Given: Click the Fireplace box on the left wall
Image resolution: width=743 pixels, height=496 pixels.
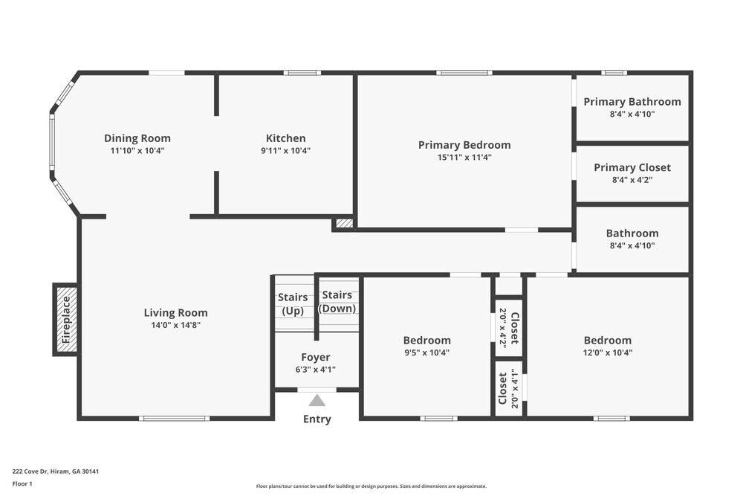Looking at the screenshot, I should click(65, 319).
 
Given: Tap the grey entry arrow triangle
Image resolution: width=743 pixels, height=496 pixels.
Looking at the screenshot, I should click(317, 400).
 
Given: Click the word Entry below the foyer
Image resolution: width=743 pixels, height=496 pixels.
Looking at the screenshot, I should click(317, 419).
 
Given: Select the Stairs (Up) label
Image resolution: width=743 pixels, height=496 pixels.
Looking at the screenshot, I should click(293, 304).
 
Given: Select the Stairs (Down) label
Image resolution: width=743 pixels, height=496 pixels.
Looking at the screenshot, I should click(337, 301).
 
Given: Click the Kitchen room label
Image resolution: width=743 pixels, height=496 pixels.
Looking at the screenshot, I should click(285, 138).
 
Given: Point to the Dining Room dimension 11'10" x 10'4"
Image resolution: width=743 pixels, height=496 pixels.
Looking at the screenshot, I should click(137, 150).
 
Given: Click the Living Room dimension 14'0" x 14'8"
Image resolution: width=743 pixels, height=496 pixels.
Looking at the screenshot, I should click(175, 325).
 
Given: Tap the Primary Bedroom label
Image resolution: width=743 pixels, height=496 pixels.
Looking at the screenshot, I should click(464, 145).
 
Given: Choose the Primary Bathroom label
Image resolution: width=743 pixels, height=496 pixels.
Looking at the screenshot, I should click(632, 102).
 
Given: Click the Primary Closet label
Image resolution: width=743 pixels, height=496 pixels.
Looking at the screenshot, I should click(632, 167).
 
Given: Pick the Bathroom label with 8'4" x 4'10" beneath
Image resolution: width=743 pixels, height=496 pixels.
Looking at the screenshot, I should click(632, 233).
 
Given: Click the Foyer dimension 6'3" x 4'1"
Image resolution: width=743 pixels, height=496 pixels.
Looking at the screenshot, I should click(316, 369).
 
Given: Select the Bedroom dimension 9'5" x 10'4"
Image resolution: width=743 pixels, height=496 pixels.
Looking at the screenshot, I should click(426, 353).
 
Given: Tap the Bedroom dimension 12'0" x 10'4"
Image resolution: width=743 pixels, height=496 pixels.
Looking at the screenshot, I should click(607, 353).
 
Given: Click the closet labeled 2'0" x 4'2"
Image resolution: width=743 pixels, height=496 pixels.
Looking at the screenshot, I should click(509, 327).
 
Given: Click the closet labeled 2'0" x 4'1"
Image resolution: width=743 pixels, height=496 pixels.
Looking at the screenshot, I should click(509, 388).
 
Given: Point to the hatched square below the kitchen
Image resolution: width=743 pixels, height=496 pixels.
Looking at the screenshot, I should click(345, 222).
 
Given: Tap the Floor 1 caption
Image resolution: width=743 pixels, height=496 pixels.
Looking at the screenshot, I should click(22, 483).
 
